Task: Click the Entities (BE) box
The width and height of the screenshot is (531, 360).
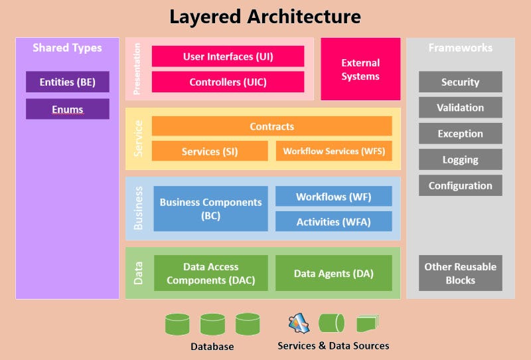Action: click(x=68, y=82)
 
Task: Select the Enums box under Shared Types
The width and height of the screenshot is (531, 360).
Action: click(x=68, y=109)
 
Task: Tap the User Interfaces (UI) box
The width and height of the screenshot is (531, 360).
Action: click(x=228, y=56)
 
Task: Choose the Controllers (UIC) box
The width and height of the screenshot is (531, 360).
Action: click(x=228, y=82)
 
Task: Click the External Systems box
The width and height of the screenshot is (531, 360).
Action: click(x=360, y=69)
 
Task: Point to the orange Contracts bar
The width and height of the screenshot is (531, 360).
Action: click(x=271, y=126)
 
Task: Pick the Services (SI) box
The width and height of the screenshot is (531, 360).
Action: click(x=210, y=151)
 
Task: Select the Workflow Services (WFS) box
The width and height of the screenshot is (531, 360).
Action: click(x=334, y=151)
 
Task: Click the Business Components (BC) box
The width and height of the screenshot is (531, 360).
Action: click(x=211, y=209)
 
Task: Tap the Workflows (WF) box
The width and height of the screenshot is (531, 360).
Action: click(x=334, y=197)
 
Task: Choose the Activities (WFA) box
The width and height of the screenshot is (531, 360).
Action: click(x=334, y=222)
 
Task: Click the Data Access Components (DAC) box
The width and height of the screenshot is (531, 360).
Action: click(x=211, y=273)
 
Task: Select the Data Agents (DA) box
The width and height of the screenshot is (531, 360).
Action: click(x=334, y=273)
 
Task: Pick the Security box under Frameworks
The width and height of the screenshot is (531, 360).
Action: click(x=460, y=82)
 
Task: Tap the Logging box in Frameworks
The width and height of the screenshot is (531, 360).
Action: click(x=460, y=159)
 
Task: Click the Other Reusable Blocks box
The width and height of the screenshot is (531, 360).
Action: click(x=460, y=273)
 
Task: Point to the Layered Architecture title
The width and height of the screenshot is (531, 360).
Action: click(x=265, y=17)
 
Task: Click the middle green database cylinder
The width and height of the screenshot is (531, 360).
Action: click(x=212, y=325)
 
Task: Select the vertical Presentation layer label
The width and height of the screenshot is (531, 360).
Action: click(x=138, y=69)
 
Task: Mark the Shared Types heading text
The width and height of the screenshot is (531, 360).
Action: click(x=68, y=48)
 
